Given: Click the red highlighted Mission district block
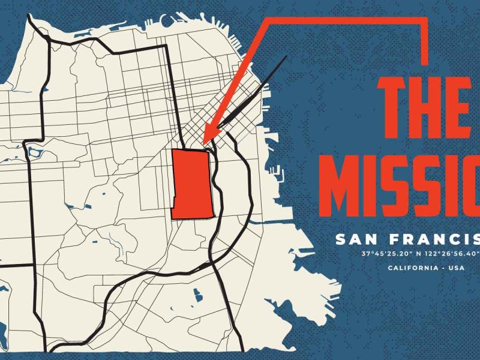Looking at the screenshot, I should [x=191, y=183].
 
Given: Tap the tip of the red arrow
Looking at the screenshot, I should [x=206, y=139].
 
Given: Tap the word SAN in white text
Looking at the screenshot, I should [x=354, y=240].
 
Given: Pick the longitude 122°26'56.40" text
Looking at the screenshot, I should [x=448, y=254].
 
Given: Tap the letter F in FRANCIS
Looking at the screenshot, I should [x=392, y=240].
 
